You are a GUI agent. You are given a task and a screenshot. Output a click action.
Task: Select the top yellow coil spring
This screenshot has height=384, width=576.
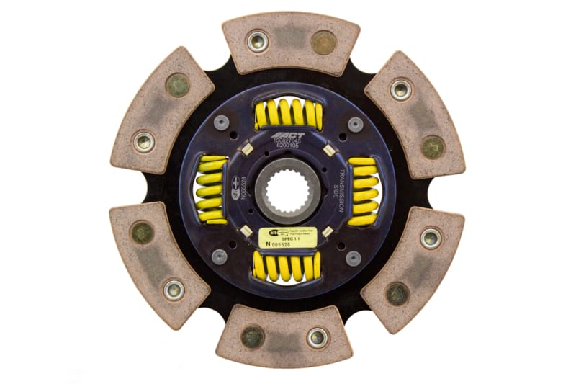[x=287, y=113]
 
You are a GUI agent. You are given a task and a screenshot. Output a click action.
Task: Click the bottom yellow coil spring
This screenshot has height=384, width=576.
[x=287, y=267]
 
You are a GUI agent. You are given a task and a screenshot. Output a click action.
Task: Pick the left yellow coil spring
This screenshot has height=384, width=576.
[x=212, y=191]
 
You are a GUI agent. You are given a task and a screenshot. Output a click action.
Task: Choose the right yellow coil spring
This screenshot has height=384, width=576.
[x=363, y=191]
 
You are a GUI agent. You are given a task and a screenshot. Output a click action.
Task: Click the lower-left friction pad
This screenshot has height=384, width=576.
[x=158, y=262]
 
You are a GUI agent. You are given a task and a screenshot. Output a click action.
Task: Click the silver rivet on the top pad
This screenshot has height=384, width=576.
[x=257, y=41]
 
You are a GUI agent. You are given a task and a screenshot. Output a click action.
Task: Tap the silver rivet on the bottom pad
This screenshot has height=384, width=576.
[x=318, y=337]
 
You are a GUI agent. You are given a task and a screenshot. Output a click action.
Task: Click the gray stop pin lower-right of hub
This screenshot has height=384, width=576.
[x=353, y=257]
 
